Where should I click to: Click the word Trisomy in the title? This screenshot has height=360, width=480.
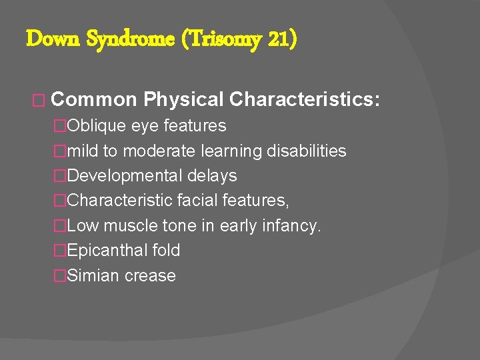(x=220, y=39)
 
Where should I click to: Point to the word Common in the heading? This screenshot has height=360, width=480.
(x=94, y=100)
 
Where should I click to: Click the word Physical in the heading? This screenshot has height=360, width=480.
(x=183, y=100)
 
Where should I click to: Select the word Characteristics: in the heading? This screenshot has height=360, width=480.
(x=305, y=100)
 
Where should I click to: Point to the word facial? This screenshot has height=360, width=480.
(x=190, y=201)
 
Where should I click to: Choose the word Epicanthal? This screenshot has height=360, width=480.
(x=105, y=251)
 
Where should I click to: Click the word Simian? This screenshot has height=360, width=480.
(x=92, y=276)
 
